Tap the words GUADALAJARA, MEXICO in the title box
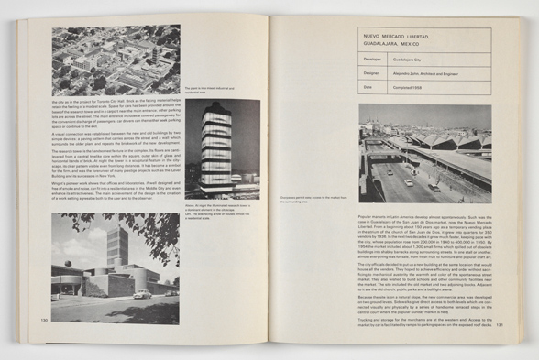coord(395,42)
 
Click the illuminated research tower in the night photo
coord(216,149)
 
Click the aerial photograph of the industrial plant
coord(116,58)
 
